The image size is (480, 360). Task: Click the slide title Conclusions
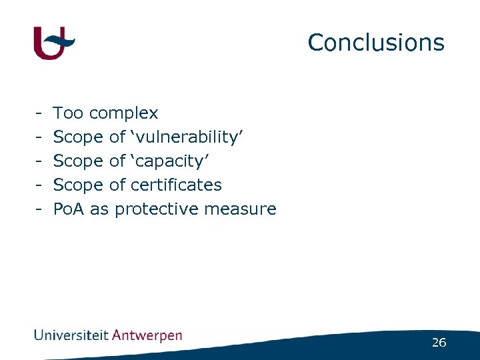375,43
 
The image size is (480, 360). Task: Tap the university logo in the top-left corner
54,43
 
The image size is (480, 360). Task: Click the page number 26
439,343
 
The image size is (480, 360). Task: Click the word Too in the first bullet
68,113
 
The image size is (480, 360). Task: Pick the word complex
123,113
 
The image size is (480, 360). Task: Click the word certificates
177,185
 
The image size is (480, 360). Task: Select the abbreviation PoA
69,209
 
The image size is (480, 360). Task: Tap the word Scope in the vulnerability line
77,137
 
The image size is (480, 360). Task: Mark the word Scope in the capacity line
77,161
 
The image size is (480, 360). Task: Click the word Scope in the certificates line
77,185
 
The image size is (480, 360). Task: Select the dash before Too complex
40,114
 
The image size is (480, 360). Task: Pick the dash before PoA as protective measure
40,209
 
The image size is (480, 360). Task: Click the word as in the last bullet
99,209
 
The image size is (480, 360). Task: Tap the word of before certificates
117,185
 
